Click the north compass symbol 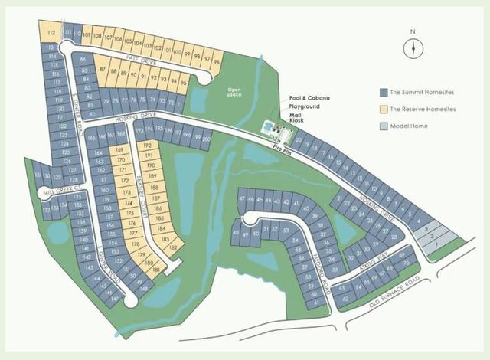(x=413, y=47)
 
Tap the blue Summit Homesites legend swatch (x=384, y=92)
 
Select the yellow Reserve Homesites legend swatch (x=384, y=109)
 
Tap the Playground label (x=304, y=108)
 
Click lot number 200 (x=205, y=136)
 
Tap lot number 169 (x=120, y=150)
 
